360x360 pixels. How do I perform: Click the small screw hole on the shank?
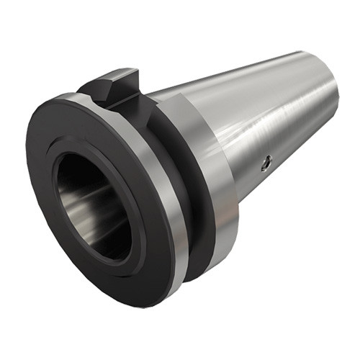pos(265,164)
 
